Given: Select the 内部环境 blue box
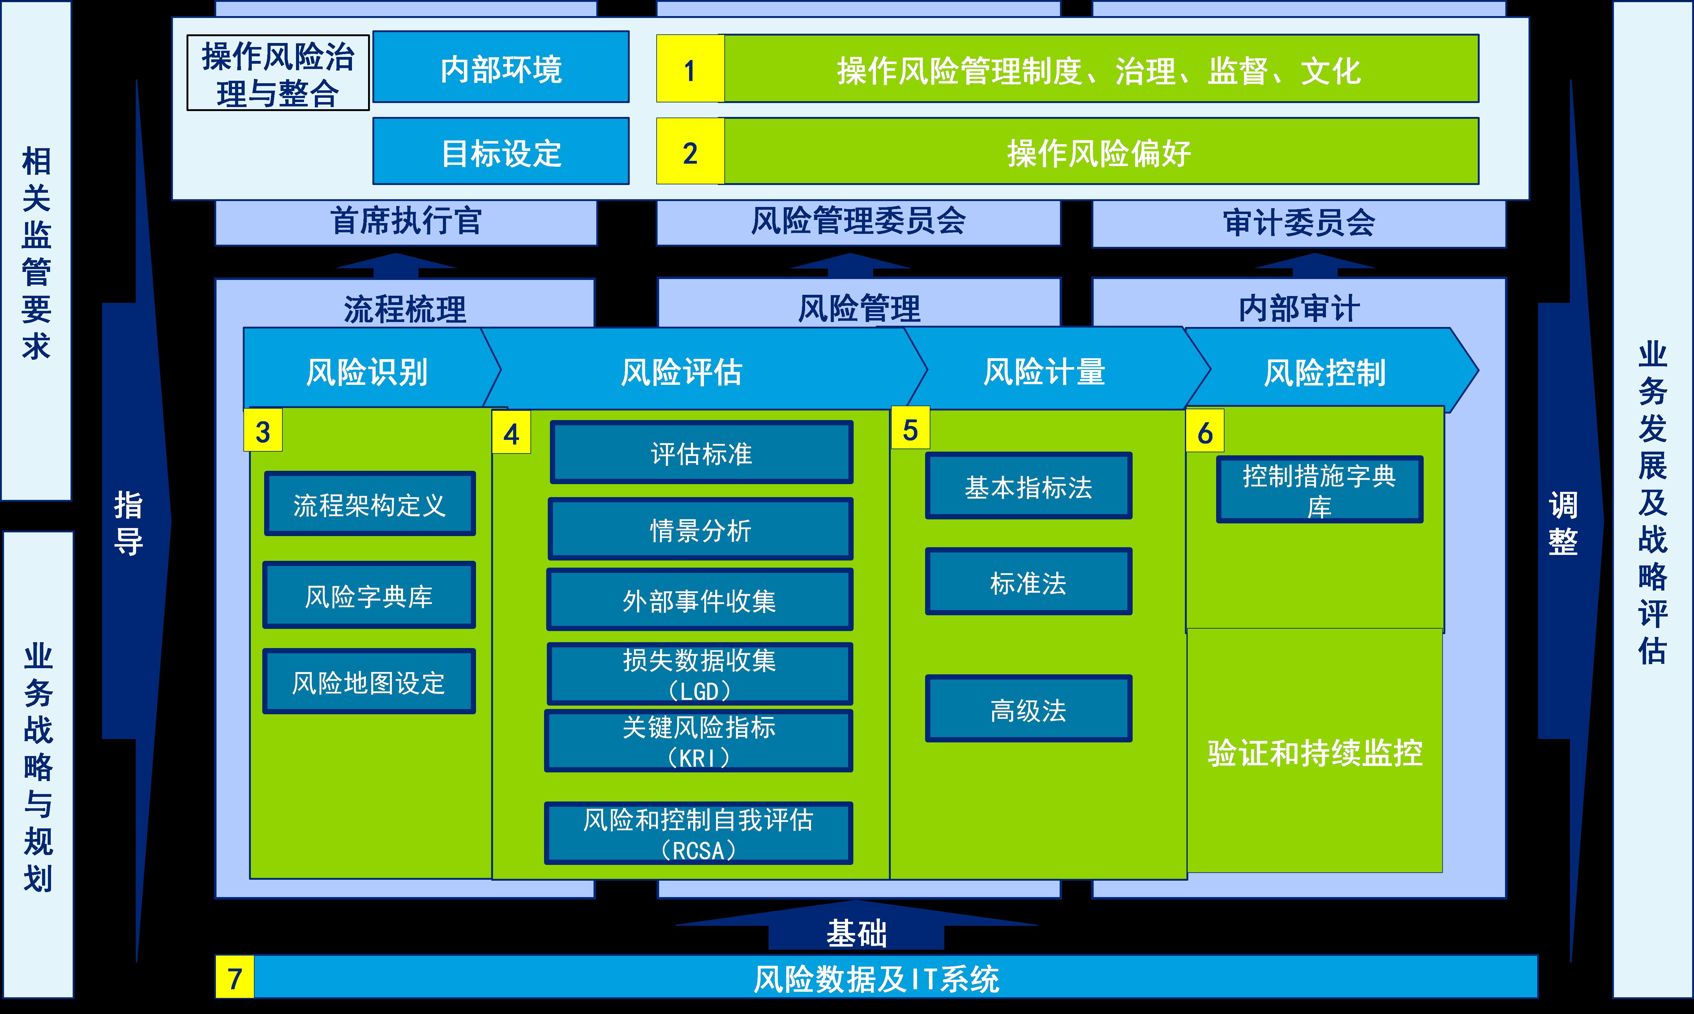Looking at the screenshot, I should tap(501, 68).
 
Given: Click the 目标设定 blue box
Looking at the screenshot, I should tap(501, 152).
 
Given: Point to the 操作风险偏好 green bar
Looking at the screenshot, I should tap(1100, 152).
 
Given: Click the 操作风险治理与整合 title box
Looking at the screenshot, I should tap(278, 73).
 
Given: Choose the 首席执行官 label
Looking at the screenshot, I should tap(406, 221).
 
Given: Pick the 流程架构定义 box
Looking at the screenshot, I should tap(370, 504).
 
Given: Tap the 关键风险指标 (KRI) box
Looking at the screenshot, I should tap(699, 741).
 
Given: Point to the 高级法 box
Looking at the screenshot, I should tap(1028, 709).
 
